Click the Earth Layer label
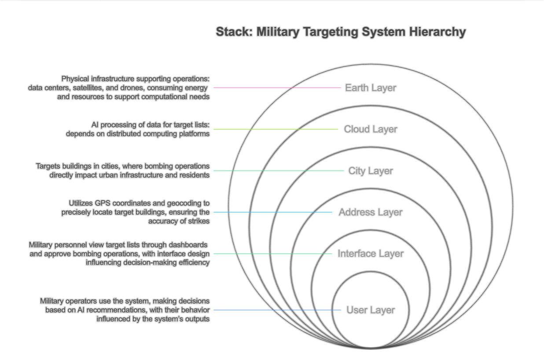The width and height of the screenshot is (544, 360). click(371, 88)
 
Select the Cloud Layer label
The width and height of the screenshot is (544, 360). click(371, 129)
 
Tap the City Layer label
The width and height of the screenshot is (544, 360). click(371, 171)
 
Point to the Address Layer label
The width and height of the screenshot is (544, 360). click(371, 213)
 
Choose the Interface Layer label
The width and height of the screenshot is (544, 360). click(371, 254)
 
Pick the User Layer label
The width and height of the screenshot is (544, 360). click(371, 310)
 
